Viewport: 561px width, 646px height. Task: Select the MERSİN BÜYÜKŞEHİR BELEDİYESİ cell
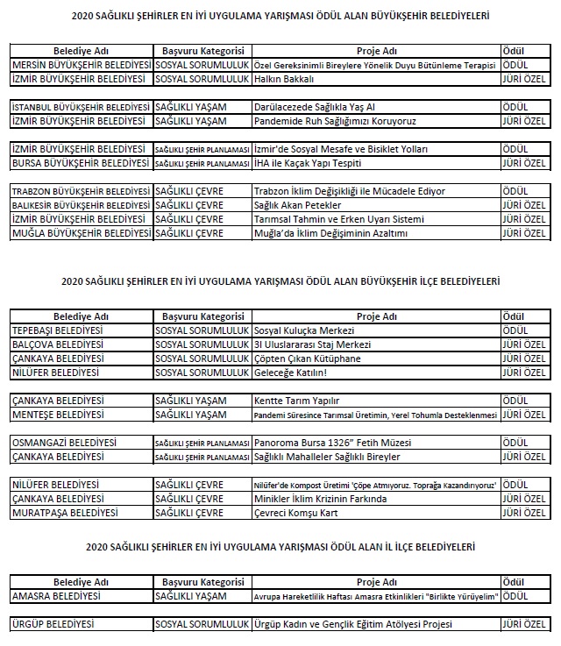pyautogui.click(x=81, y=66)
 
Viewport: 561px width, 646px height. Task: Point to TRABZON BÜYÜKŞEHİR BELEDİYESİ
pyautogui.click(x=81, y=191)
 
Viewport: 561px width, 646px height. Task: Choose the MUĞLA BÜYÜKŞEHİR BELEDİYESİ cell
pyautogui.click(x=81, y=232)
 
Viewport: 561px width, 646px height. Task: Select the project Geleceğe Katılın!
pyautogui.click(x=290, y=372)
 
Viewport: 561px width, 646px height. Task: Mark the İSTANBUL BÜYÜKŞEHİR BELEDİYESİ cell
pyautogui.click(x=81, y=106)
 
